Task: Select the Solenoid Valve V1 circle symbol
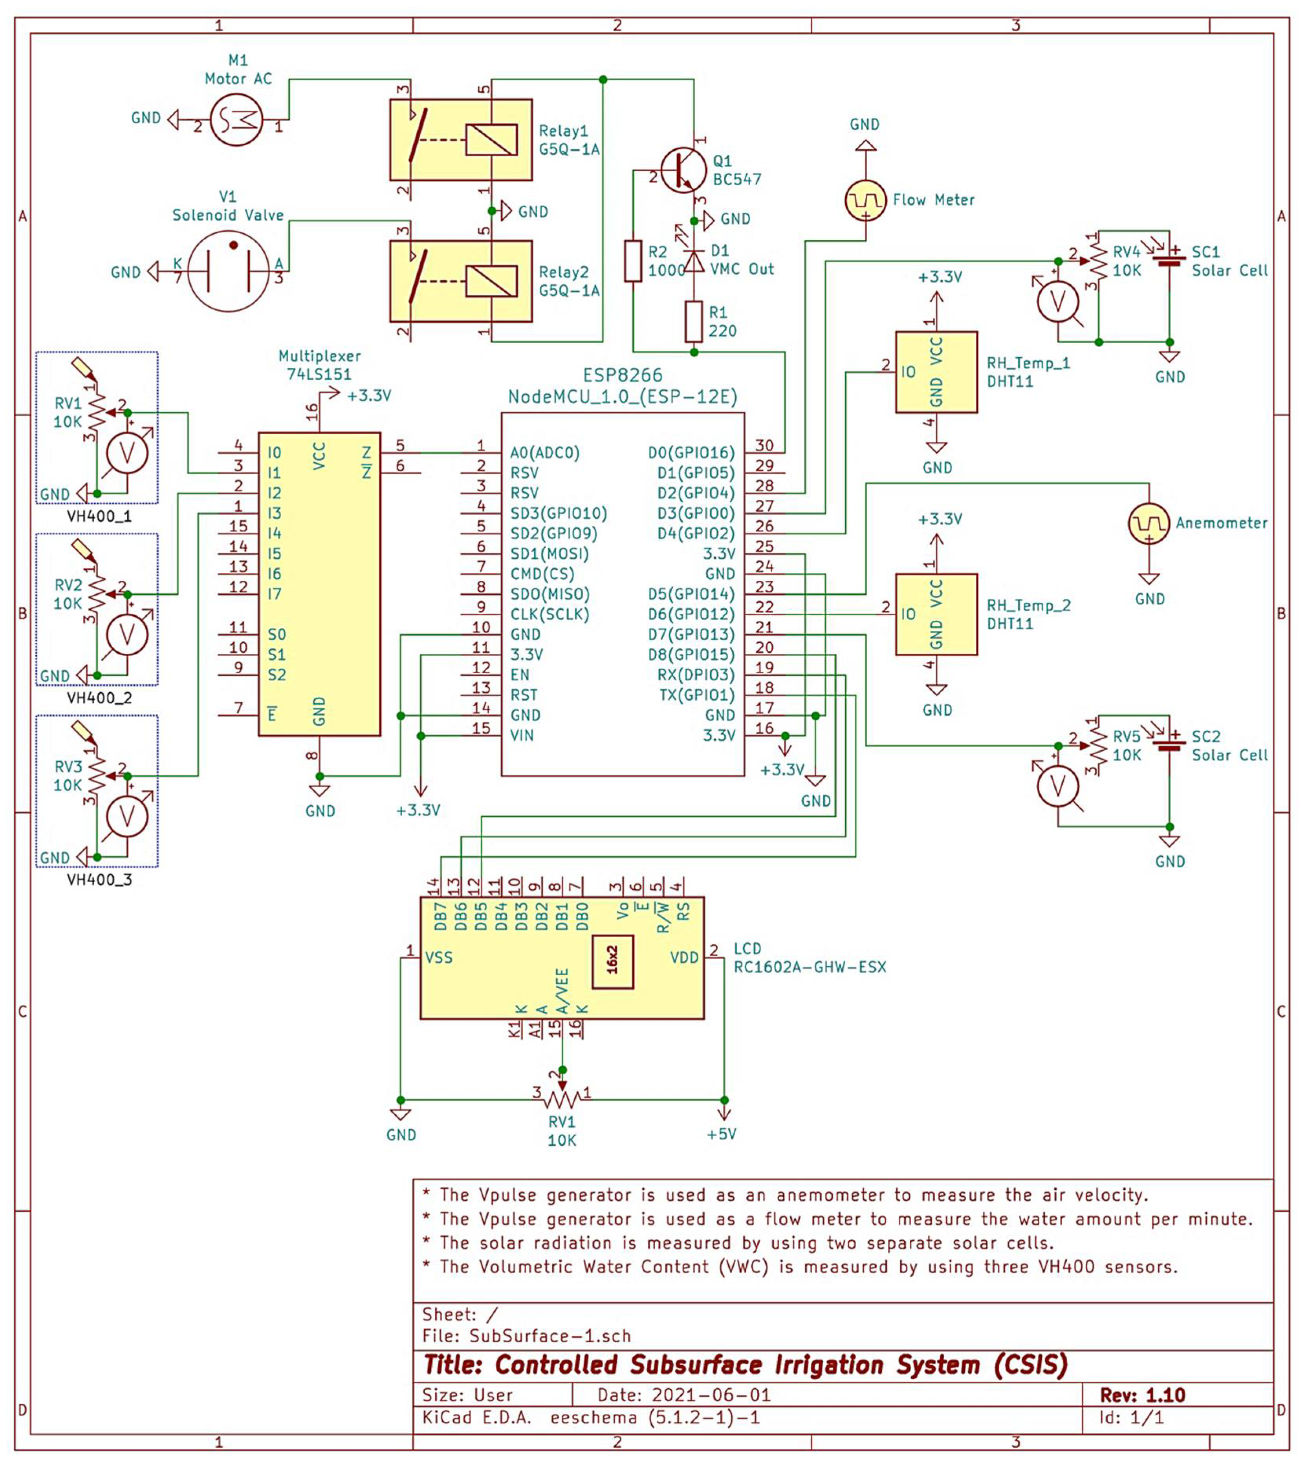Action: [228, 271]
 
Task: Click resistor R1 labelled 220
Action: [694, 322]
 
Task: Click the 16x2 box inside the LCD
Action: [612, 962]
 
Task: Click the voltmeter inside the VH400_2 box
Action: [127, 634]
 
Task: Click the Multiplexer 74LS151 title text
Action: [319, 365]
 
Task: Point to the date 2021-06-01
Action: [711, 1395]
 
